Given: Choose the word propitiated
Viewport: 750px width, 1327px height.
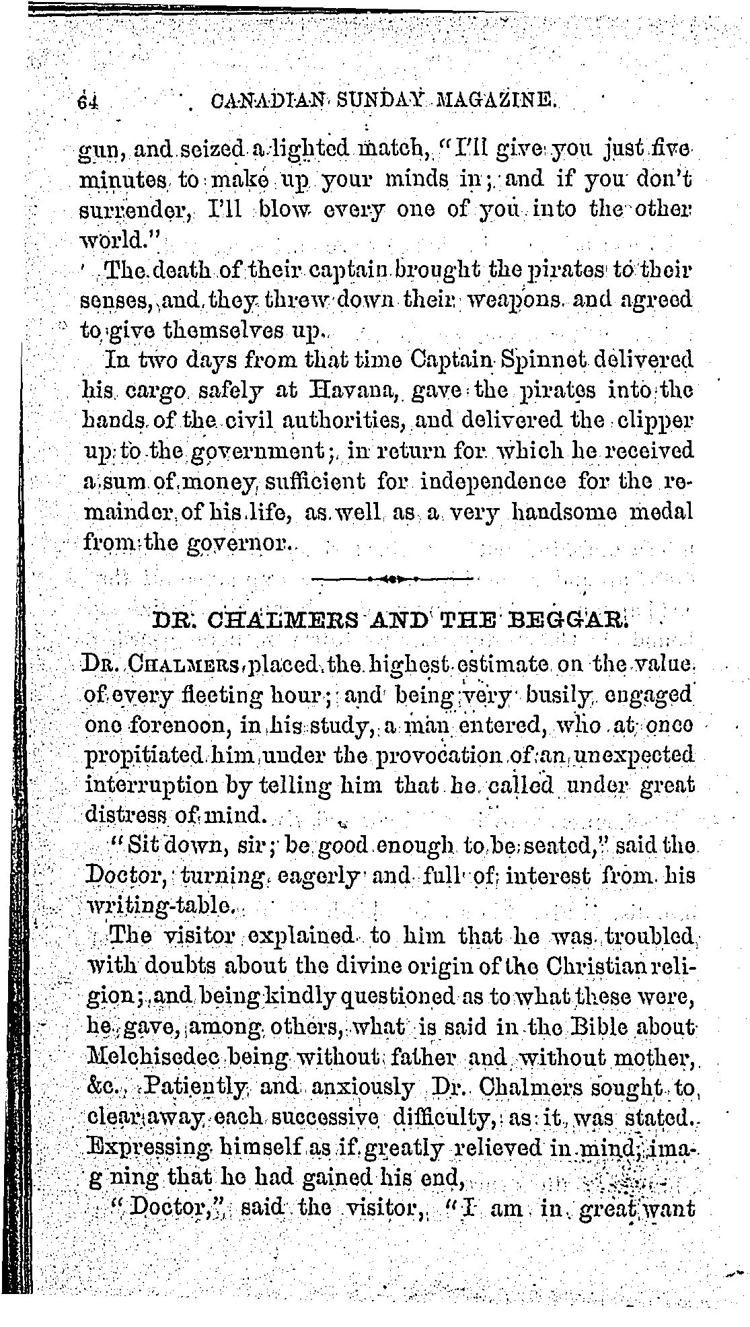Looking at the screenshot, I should click(145, 755).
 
